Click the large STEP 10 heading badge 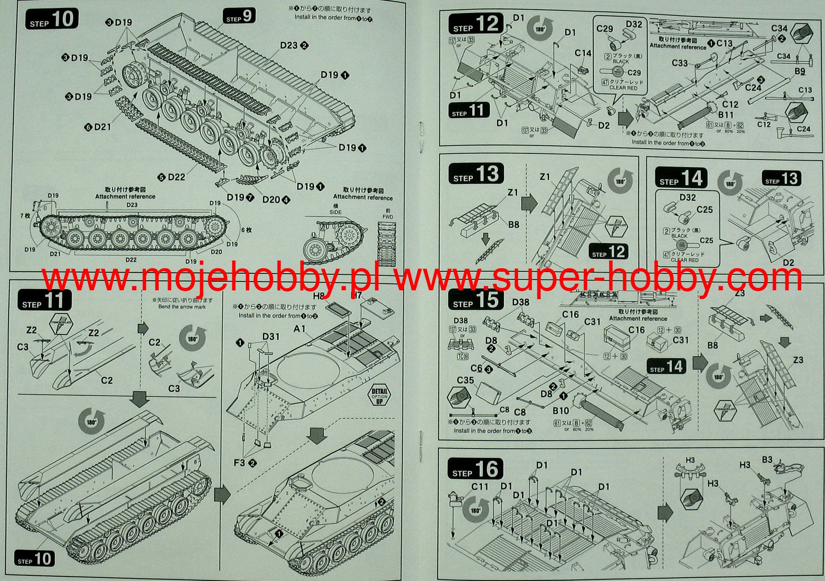coord(52,19)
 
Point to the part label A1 coord(300,329)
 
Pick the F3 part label coord(240,463)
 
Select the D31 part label coord(271,336)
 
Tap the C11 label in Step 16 coord(479,487)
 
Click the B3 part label coord(767,460)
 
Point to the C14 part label coord(582,53)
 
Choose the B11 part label coord(726,115)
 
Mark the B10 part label coord(560,411)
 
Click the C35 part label coord(465,380)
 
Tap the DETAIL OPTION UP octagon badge coord(380,396)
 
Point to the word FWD coord(388,217)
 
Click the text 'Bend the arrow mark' coord(182,307)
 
